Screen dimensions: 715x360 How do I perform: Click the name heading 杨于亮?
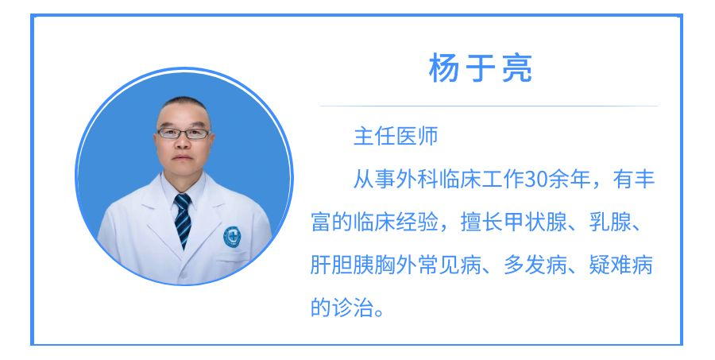pos(480,68)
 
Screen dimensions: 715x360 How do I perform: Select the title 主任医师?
pos(396,136)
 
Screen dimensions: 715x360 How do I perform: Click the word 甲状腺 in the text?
pos(535,223)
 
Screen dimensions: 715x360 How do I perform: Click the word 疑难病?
pos(620,265)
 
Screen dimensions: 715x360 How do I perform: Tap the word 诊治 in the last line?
pos(353,307)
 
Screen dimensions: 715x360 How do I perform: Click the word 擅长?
pos(481,223)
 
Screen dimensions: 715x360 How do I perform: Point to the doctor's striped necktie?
pos(183,220)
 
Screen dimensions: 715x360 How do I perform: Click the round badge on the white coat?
pos(232,237)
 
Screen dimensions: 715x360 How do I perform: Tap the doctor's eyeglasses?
pos(184,134)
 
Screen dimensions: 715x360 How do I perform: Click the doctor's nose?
pos(183,143)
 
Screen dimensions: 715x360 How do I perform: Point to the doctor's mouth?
pos(183,158)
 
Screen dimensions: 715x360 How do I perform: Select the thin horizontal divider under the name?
pos(489,106)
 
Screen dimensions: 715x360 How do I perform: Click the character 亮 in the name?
pos(517,68)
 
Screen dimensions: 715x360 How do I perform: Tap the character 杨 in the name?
pos(443,68)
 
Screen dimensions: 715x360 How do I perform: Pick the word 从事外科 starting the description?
pos(396,180)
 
